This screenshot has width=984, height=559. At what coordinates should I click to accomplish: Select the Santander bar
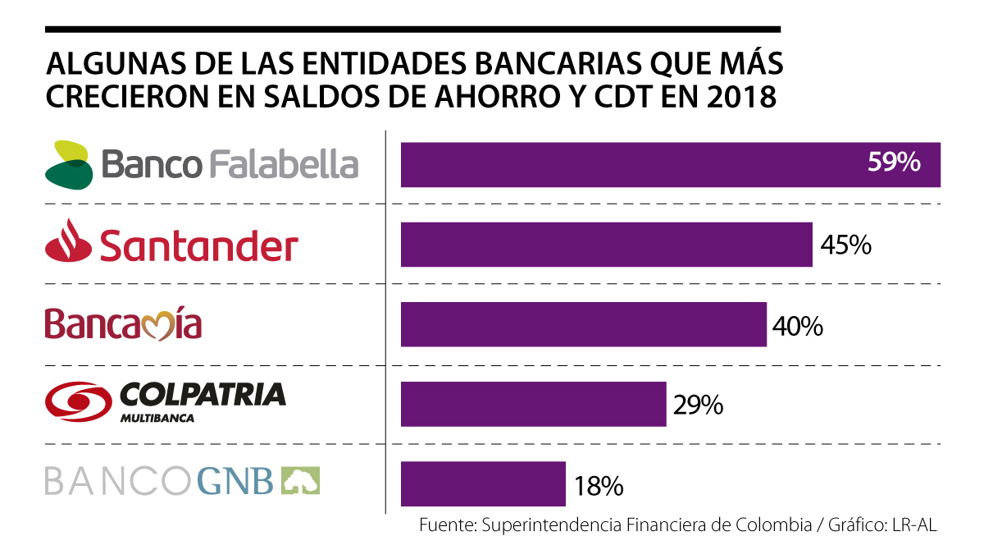point(606,245)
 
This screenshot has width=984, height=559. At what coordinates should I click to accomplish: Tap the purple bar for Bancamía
point(583,324)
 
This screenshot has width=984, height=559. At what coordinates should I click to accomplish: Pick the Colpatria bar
point(533,404)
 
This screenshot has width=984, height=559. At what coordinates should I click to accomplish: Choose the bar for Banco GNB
point(483,484)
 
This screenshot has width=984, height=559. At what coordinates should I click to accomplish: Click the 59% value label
point(894,163)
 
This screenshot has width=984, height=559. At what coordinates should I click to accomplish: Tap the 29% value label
point(697,405)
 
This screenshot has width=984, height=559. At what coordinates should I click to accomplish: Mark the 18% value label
point(598,485)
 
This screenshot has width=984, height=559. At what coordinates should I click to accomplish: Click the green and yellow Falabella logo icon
point(69,164)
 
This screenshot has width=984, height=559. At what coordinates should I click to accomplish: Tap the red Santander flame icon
point(66,243)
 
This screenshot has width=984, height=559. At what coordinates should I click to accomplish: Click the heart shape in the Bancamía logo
point(154,327)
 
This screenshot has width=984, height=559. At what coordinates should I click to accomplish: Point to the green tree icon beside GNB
point(301,481)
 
